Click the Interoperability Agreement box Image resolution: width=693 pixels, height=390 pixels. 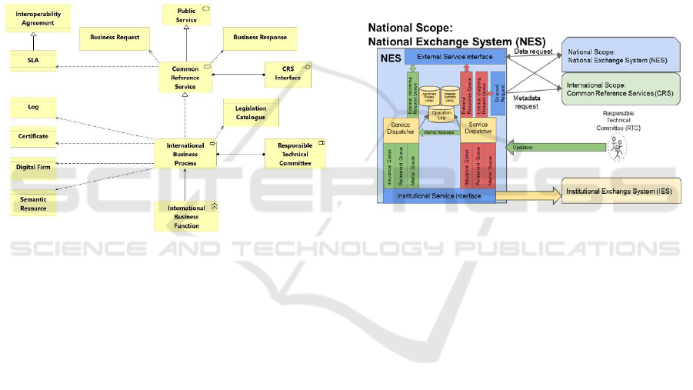pos(38,18)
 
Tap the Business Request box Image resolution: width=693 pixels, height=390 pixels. pos(114,38)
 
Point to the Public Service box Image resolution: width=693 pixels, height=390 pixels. pos(187,15)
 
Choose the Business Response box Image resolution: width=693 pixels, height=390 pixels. pos(260,38)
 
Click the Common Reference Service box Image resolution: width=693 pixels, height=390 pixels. pos(185,78)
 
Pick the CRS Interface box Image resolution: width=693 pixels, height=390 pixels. pos(288,74)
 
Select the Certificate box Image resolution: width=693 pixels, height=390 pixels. pos(34,136)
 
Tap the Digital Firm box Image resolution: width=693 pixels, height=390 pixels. pos(34,166)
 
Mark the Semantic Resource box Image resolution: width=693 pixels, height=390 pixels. pos(34,203)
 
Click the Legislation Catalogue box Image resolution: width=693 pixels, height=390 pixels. pos(251,112)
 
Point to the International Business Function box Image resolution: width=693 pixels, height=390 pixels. pos(187,217)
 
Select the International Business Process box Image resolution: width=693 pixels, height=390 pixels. pos(185,154)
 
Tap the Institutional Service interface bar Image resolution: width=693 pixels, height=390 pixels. pos(439,196)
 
